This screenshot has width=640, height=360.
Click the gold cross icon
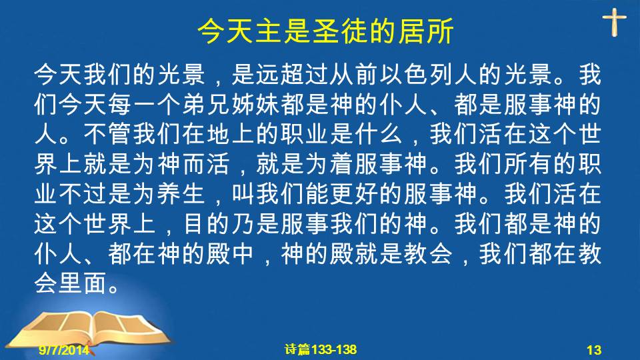tap(614, 23)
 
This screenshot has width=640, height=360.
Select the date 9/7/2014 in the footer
tap(64, 349)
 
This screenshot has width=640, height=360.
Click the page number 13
tap(594, 350)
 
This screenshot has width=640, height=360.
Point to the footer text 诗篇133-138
tap(321, 349)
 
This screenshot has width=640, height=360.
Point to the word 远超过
tap(292, 75)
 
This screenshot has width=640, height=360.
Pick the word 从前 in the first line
tap(354, 75)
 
